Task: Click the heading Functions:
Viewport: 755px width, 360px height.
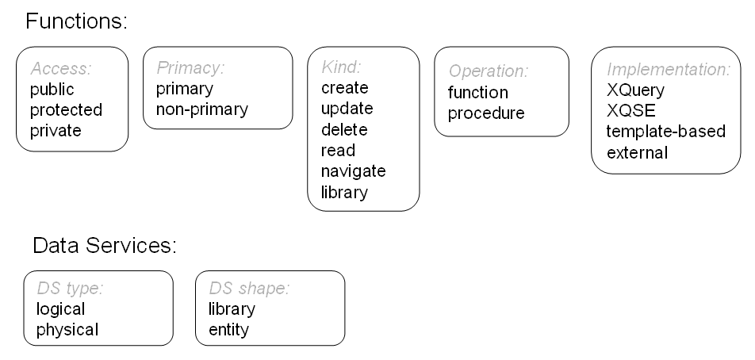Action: pos(76,21)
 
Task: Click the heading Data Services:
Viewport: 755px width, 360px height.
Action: pos(104,246)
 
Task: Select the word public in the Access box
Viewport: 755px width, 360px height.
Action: pos(52,90)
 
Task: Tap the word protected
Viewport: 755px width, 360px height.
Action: pos(67,110)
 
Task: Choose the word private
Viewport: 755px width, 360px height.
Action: pos(56,131)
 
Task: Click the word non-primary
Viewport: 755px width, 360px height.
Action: pos(202,109)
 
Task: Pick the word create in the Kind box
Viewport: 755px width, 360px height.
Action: pos(344,88)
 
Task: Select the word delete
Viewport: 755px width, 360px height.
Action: pos(344,129)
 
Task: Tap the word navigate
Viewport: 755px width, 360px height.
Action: pos(353,170)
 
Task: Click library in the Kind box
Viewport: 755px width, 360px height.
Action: pos(344,192)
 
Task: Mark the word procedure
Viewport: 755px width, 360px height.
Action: pos(486,113)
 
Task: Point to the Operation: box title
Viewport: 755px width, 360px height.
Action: pos(488,71)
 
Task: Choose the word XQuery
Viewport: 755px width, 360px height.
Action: pos(634,90)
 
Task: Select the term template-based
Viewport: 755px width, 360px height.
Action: pos(665,131)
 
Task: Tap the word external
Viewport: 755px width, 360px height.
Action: pos(637,151)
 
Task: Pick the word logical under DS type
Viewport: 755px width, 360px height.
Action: pos(61,309)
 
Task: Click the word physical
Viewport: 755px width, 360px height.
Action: pos(67,330)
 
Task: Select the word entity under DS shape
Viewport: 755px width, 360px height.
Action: pos(228,330)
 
